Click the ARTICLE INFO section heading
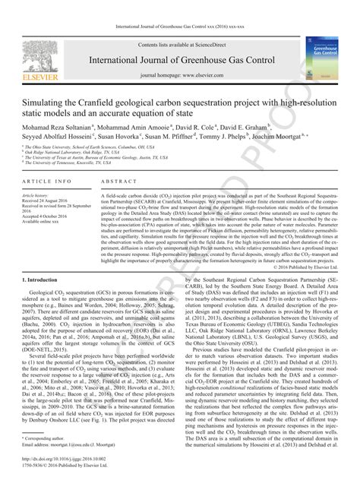pos(48,183)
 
